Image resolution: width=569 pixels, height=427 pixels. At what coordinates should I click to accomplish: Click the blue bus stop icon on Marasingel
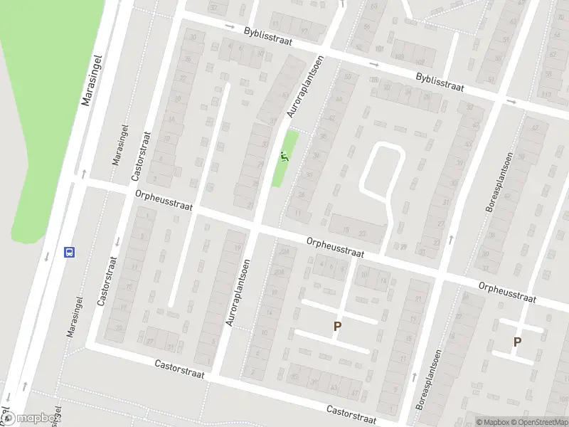point(70,252)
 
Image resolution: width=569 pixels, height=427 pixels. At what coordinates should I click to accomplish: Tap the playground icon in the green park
point(285,156)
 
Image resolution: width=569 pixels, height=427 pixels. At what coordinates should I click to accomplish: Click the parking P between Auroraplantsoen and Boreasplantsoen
point(338,327)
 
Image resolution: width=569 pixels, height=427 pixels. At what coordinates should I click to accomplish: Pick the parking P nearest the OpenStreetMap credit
point(517,342)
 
